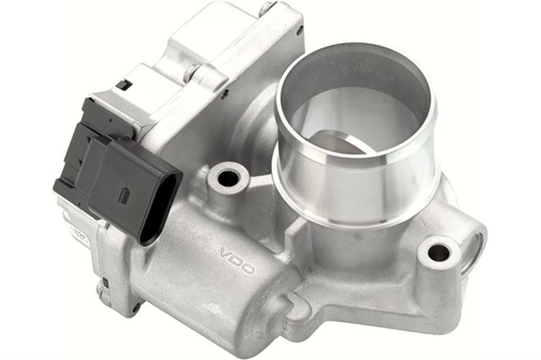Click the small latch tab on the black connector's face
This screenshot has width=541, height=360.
point(124,195)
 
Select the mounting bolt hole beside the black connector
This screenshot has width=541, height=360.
point(227,178)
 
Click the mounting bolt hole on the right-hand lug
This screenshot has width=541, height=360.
point(439,252)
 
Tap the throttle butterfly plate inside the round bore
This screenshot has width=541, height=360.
point(338,139)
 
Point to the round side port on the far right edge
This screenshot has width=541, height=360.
point(475,249)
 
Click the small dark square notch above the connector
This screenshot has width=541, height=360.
point(123,85)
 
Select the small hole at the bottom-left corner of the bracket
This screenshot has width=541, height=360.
point(134,308)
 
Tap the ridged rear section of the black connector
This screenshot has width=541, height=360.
point(85,152)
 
